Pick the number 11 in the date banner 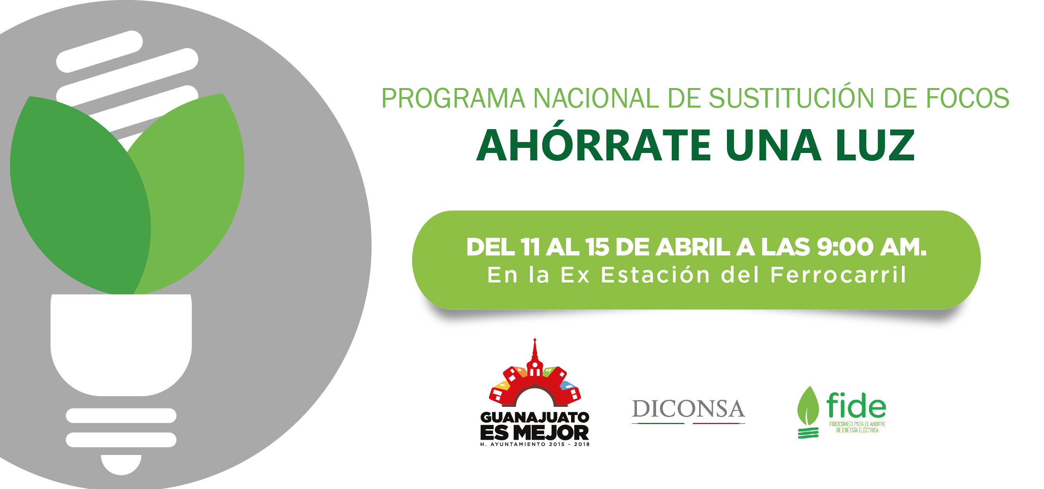(x=530, y=247)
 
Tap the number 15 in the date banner (x=597, y=247)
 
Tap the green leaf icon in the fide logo (x=808, y=406)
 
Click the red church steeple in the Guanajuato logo (x=535, y=356)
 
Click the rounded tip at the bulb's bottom (x=121, y=464)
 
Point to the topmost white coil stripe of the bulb (x=100, y=52)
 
